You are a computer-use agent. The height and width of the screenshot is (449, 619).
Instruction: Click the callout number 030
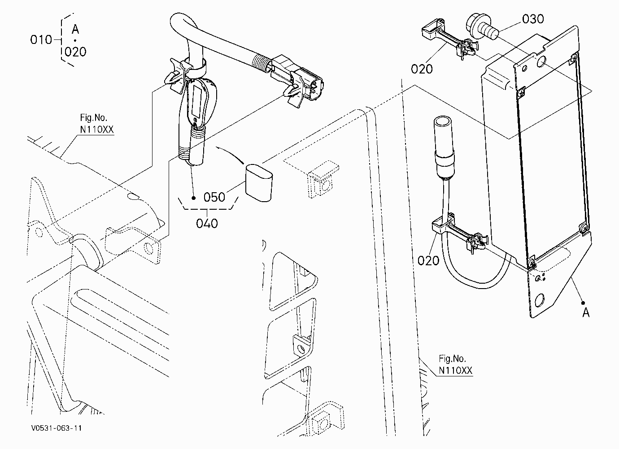point(533,19)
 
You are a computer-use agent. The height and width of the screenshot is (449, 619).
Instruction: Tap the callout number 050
point(214,197)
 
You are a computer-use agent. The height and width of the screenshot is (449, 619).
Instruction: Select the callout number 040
point(207,223)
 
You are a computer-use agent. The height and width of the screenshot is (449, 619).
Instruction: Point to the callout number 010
point(41,40)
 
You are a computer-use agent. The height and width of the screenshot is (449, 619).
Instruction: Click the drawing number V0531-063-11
point(57,428)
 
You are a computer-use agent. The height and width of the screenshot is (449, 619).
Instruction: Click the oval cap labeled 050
point(259,183)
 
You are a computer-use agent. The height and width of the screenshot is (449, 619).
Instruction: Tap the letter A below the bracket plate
point(586,312)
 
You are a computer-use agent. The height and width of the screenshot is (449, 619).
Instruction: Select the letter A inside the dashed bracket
point(75,29)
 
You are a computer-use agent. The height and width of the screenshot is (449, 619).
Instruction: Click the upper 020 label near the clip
point(422,69)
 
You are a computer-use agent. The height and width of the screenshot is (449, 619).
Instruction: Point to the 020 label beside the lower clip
point(428,260)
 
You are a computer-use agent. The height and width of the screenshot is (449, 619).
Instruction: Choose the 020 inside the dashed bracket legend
point(75,52)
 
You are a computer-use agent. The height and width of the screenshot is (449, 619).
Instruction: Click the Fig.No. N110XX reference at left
point(97,123)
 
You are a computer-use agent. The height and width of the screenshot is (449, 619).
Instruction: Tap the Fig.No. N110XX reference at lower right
point(455,364)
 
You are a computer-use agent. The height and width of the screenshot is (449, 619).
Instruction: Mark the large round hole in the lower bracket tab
point(539,300)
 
